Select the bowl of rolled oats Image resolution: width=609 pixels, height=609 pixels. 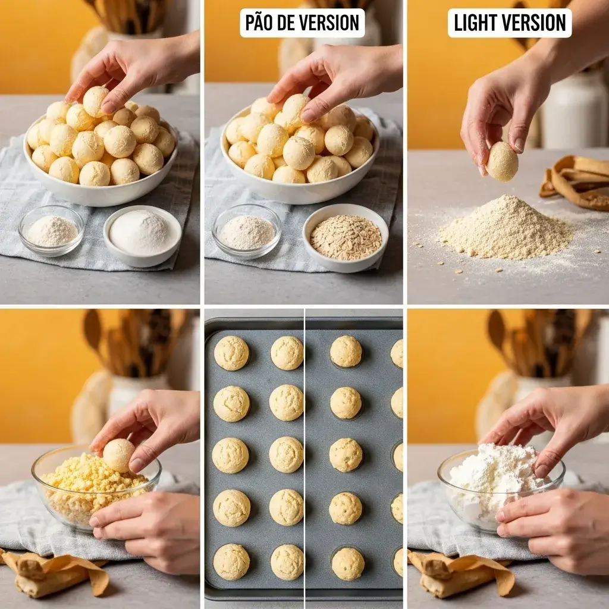(346, 237)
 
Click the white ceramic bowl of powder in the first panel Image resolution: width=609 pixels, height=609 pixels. (142, 235)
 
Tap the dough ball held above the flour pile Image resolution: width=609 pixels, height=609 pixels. (502, 161)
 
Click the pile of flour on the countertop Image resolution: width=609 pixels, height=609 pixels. (506, 228)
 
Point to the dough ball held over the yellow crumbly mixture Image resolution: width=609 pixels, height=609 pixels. (118, 455)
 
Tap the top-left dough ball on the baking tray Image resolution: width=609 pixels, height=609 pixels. (231, 353)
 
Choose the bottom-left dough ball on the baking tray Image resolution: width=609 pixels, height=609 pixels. (231, 561)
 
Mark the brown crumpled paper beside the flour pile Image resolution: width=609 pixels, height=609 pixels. (574, 181)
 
